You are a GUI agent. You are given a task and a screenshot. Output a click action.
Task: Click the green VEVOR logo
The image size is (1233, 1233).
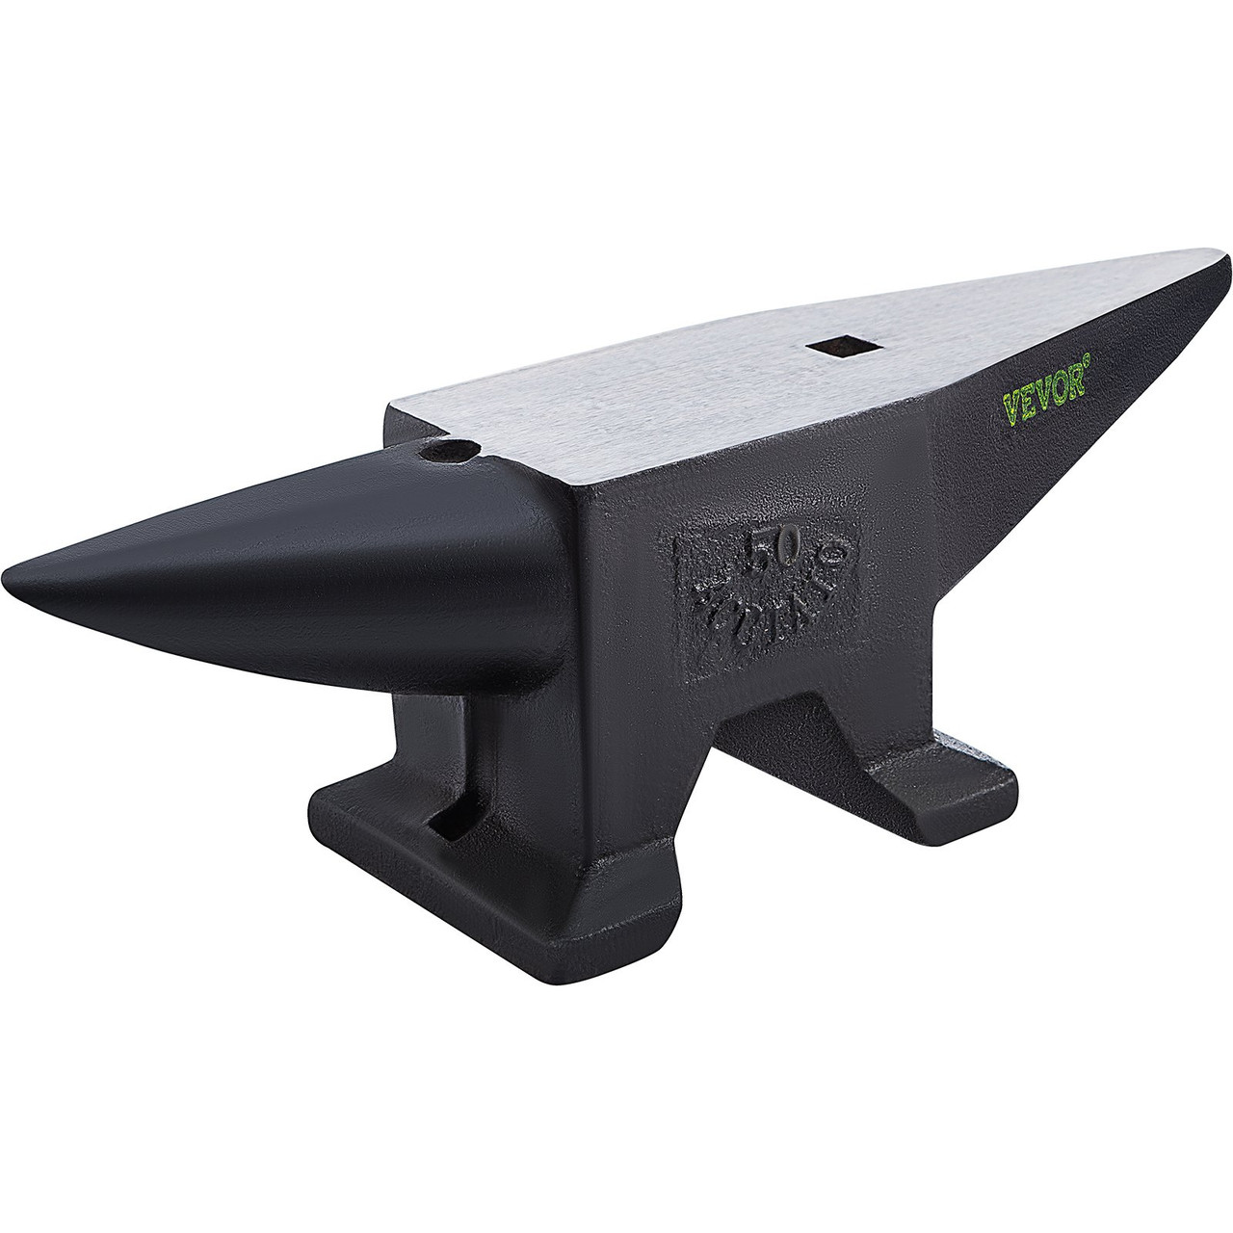(1061, 397)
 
